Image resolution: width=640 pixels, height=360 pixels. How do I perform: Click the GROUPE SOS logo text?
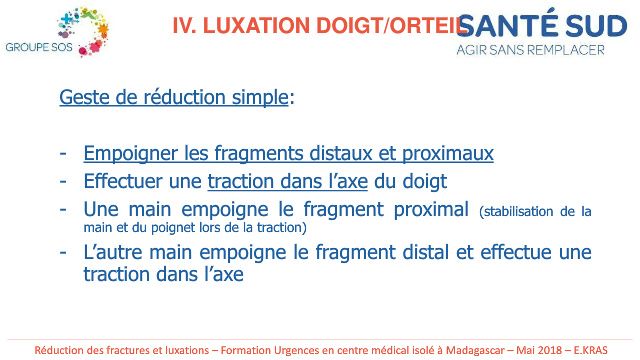[39, 47]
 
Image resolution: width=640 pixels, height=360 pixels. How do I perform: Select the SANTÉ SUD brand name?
[542, 25]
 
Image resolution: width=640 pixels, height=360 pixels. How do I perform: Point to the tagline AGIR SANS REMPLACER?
[530, 50]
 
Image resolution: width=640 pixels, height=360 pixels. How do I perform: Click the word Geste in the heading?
[84, 97]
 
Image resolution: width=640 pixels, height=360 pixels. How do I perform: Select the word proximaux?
[448, 154]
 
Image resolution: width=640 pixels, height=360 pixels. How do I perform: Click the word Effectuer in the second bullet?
[122, 181]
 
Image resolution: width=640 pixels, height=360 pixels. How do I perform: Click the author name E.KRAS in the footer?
[591, 350]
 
